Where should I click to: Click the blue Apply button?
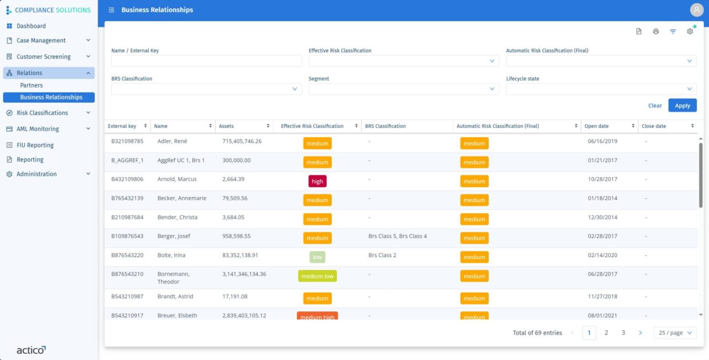pyautogui.click(x=682, y=106)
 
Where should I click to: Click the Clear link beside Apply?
pyautogui.click(x=655, y=106)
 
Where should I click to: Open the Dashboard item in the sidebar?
pyautogui.click(x=31, y=26)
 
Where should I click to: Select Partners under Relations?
pyautogui.click(x=31, y=85)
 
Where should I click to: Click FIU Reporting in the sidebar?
pyautogui.click(x=35, y=145)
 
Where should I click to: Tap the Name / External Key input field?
pyautogui.click(x=206, y=61)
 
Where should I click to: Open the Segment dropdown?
pyautogui.click(x=404, y=89)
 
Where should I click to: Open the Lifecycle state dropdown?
pyautogui.click(x=601, y=89)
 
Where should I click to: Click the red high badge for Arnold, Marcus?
pyautogui.click(x=317, y=181)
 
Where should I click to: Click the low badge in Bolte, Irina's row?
pyautogui.click(x=317, y=257)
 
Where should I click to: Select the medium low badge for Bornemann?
pyautogui.click(x=317, y=276)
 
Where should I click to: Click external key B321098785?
pyautogui.click(x=128, y=141)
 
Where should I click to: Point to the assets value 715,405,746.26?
pyautogui.click(x=242, y=141)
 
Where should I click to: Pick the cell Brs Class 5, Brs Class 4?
pyautogui.click(x=397, y=236)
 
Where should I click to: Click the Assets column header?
pyautogui.click(x=226, y=126)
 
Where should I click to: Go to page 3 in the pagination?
pyautogui.click(x=623, y=333)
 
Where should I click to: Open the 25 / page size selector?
pyautogui.click(x=675, y=333)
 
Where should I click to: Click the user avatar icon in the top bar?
pyautogui.click(x=696, y=10)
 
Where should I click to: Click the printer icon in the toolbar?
pyautogui.click(x=656, y=31)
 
